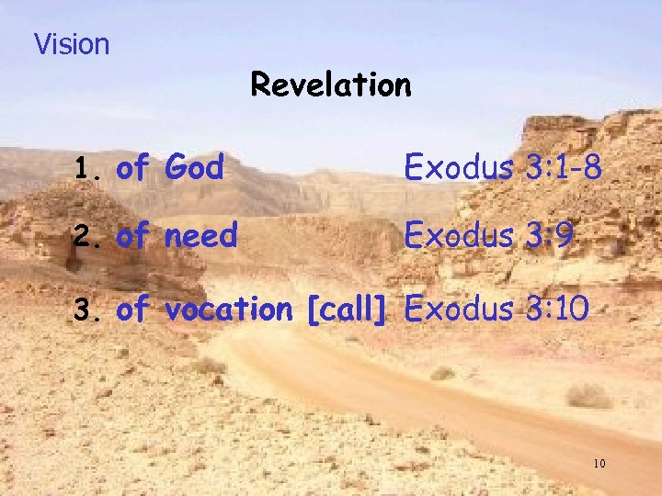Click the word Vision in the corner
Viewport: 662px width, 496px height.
tap(71, 44)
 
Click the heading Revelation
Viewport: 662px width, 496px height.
tap(330, 85)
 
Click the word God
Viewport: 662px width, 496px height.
tap(194, 167)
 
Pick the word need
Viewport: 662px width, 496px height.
tap(200, 236)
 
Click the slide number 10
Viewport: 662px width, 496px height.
tap(599, 464)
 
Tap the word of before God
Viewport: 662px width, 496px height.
tap(133, 167)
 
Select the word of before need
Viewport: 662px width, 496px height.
tap(133, 236)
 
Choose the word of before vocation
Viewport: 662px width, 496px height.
tap(133, 310)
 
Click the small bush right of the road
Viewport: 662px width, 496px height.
tap(588, 396)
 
